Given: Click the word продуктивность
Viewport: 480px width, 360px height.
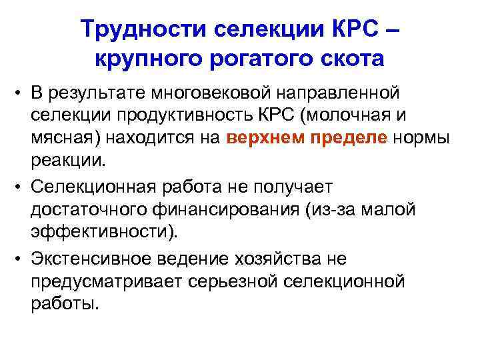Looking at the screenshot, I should pyautogui.click(x=210, y=115).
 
